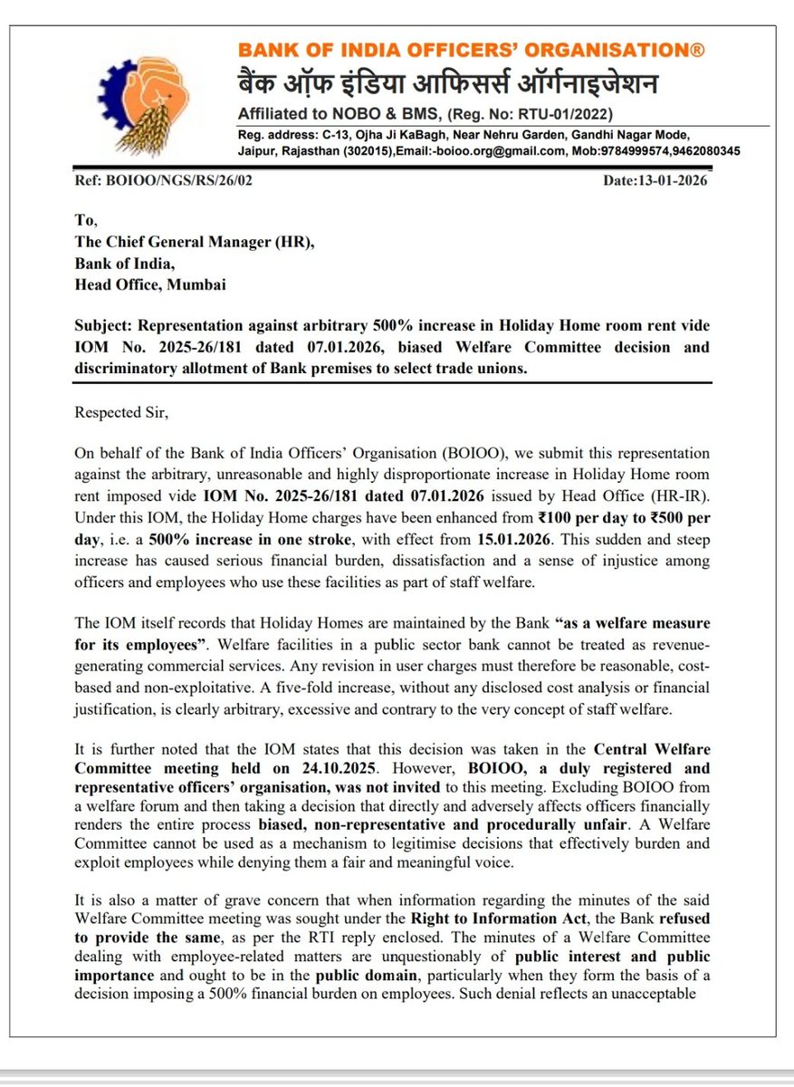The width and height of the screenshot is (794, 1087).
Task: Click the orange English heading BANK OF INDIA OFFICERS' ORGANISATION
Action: [471, 51]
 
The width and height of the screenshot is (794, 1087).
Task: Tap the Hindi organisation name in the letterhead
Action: [448, 85]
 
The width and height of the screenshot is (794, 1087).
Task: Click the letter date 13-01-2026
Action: [671, 180]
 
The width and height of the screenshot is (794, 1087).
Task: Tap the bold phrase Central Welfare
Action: [651, 748]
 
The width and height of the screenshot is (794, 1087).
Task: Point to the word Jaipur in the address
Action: [257, 150]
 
